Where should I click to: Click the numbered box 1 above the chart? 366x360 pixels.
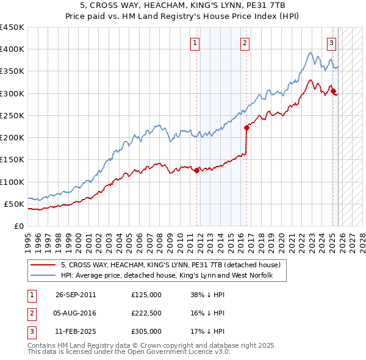click(194, 43)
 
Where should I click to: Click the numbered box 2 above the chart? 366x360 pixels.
click(244, 43)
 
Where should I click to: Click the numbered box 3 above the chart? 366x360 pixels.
click(331, 43)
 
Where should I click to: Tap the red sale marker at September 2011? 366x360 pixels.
click(196, 171)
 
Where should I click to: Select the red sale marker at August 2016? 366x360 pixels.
click(246, 128)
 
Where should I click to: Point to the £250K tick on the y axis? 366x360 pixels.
click(12, 115)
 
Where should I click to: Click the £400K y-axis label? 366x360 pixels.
click(12, 49)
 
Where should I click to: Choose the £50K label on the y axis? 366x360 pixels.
click(14, 204)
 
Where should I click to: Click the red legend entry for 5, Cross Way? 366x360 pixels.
click(170, 265)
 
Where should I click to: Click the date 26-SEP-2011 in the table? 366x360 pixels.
click(76, 295)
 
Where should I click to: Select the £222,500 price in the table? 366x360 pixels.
click(146, 313)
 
